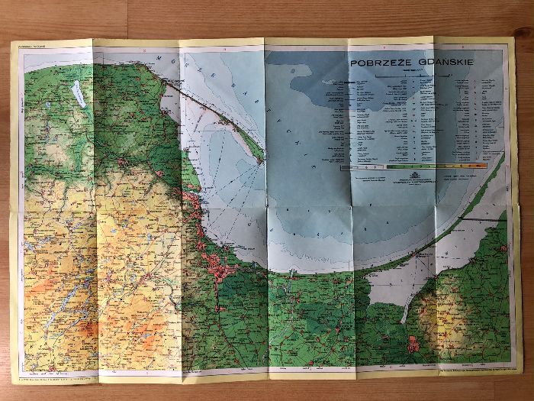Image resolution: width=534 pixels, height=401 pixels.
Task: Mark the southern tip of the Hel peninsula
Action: tap(262, 161)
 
